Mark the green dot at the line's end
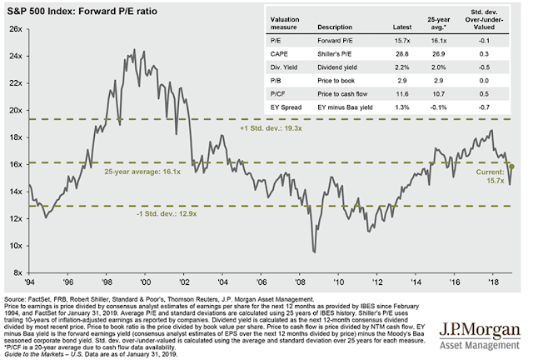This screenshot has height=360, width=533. tap(510, 167)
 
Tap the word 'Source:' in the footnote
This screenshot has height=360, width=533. tap(17, 298)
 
